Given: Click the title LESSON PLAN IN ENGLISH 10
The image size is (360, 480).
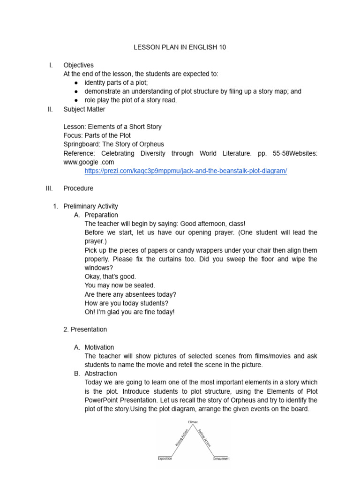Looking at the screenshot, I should [180, 47].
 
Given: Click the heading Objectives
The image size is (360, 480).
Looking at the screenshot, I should [78, 65].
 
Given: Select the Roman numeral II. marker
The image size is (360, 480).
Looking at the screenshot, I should [50, 109].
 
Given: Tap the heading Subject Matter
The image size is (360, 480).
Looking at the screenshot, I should [84, 109].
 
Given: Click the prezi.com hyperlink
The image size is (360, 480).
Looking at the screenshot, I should [186, 171].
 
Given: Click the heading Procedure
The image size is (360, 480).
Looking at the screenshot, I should [78, 188].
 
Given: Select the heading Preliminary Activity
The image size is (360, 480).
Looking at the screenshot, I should [90, 206].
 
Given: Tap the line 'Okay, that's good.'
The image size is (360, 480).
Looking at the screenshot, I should [110, 277].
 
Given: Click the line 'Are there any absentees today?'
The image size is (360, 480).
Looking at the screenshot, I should [130, 294].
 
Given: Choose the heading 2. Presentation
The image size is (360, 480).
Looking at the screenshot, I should [85, 330].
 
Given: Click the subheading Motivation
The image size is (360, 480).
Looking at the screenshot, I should [99, 347].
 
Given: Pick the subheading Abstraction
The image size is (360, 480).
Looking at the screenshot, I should [101, 374].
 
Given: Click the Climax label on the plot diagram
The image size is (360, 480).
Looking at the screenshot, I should [193, 422].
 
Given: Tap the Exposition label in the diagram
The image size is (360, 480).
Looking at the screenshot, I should [165, 458].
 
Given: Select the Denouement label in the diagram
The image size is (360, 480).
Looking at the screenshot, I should [221, 459].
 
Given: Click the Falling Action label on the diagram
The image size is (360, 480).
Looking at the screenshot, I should [204, 438].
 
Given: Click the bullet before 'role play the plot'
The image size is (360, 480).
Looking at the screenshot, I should [76, 100].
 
